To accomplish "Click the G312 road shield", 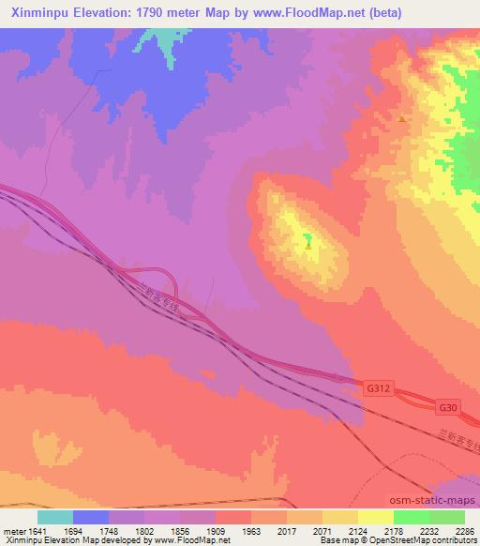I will click(377, 387).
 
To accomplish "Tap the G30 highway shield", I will click(448, 408).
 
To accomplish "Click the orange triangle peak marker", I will click(402, 118).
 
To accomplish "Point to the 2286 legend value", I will click(464, 530).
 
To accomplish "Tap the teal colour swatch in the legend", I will click(55, 517).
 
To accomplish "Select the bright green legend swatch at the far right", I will click(446, 517).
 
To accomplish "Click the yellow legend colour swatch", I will click(375, 517).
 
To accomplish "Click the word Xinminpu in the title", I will click(32, 12).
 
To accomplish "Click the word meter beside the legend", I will click(12, 530).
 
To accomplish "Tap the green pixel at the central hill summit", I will click(307, 243).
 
